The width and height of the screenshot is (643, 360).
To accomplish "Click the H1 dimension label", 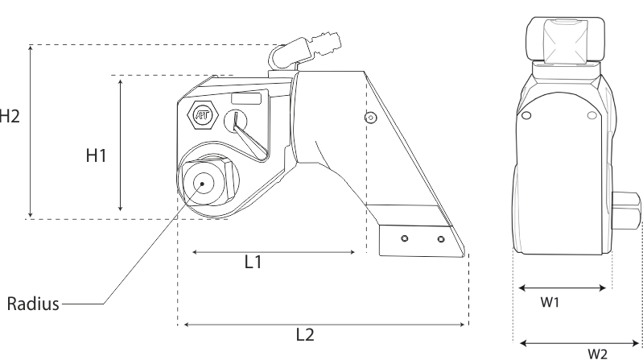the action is [96, 155].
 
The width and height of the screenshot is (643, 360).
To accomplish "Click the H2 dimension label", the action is [9, 116].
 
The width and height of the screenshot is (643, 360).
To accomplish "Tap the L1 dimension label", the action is [253, 262].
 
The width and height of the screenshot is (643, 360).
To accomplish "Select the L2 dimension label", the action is [305, 335].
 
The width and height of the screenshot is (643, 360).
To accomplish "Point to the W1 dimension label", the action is [550, 303].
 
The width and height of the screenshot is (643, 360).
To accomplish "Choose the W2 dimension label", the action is [597, 354].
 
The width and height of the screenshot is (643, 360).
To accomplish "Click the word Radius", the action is [33, 304].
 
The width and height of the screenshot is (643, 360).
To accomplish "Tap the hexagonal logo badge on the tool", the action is [203, 115].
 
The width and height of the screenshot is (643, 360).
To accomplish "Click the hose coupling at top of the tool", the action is [306, 51].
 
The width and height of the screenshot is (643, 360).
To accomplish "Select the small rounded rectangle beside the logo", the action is [246, 99].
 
